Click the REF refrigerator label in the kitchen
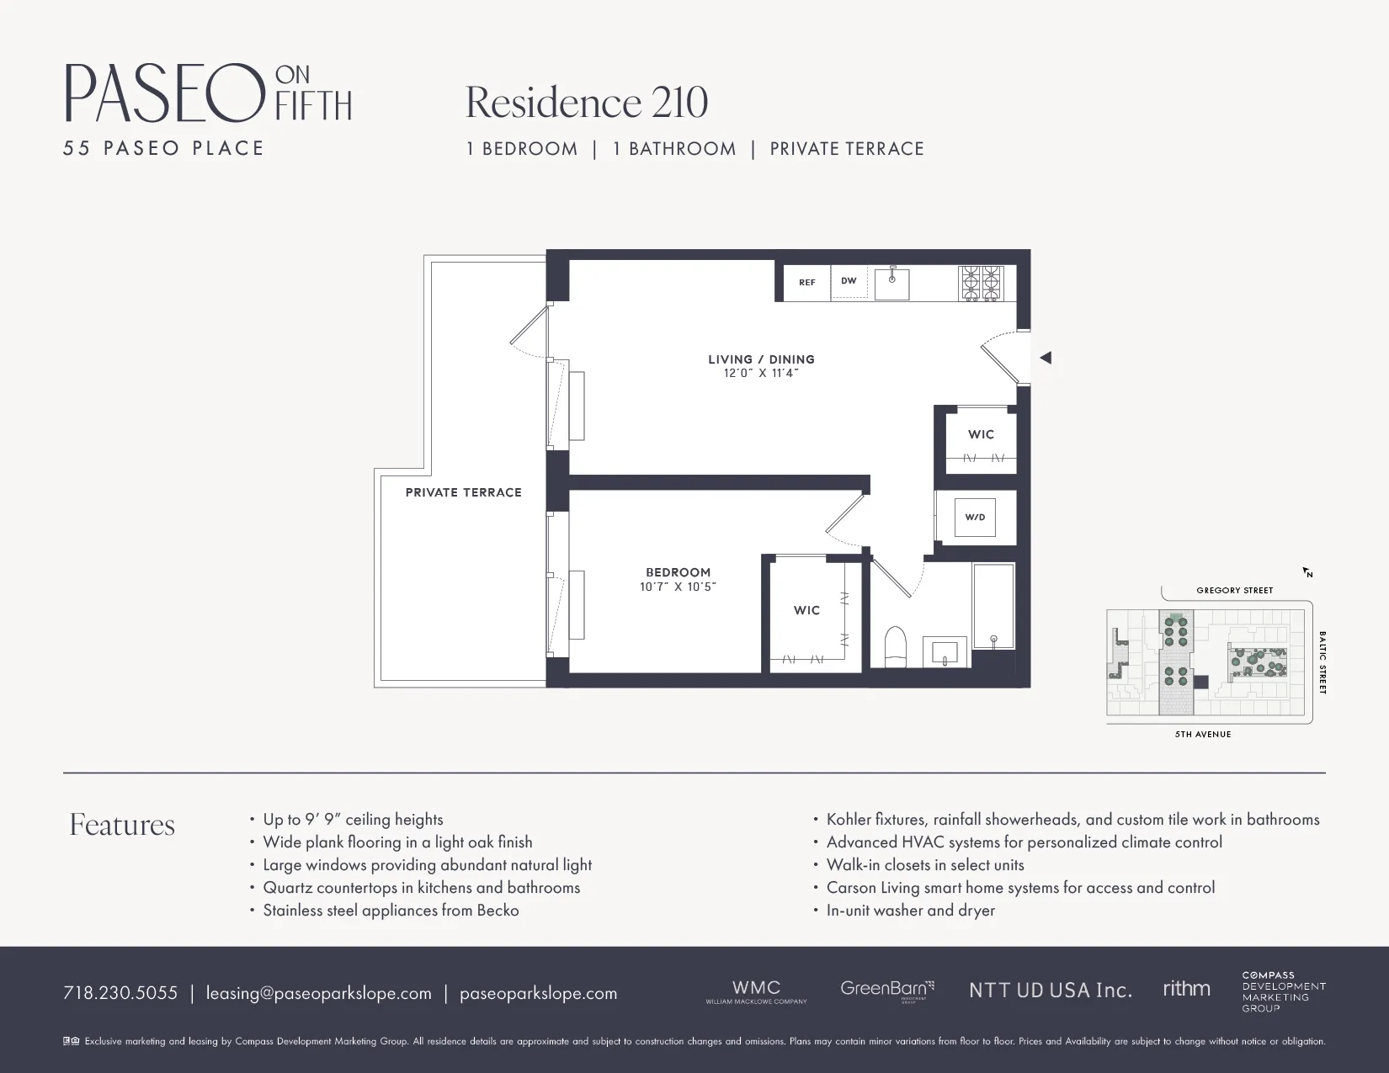pos(806,283)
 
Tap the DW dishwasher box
pos(849,281)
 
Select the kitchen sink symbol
pos(891,284)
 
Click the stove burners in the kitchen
pos(982,283)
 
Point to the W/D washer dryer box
pos(975,518)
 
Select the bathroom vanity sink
pos(946,652)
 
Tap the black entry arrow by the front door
pos(1046,358)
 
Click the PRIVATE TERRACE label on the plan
pos(463,492)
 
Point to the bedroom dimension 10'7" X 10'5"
pos(678,587)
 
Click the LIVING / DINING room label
pos(761,359)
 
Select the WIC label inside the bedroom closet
pos(806,610)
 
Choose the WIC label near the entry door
pos(981,434)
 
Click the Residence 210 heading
pos(587,103)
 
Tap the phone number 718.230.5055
pos(120,993)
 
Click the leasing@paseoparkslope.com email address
pos(318,993)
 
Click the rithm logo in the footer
pos(1186,989)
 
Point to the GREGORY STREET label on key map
pos(1234,591)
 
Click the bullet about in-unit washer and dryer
pos(910,911)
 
